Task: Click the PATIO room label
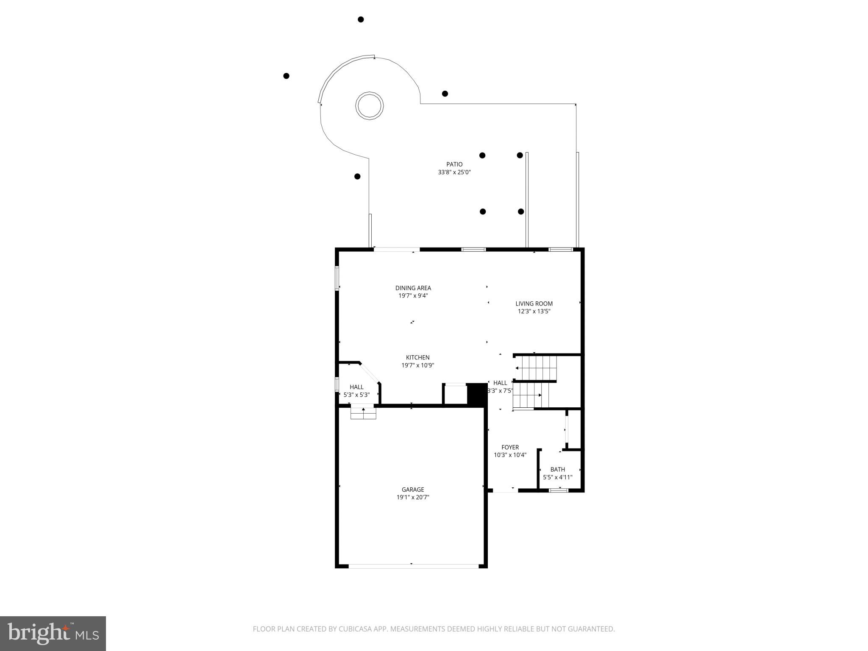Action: pos(454,164)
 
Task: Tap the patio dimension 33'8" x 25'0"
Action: pos(454,172)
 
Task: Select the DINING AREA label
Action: pos(413,288)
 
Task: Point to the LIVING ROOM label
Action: pos(534,303)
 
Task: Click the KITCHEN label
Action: pos(417,358)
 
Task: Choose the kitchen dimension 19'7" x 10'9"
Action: pos(417,365)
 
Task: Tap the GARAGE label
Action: pos(413,490)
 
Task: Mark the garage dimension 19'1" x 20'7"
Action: pos(413,498)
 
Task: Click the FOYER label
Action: pos(510,447)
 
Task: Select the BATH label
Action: pos(557,469)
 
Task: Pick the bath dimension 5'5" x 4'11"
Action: pos(557,477)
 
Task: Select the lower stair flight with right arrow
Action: pos(528,395)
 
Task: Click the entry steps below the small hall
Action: pos(363,413)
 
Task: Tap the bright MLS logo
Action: pos(53,634)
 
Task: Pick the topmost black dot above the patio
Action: pos(361,19)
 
